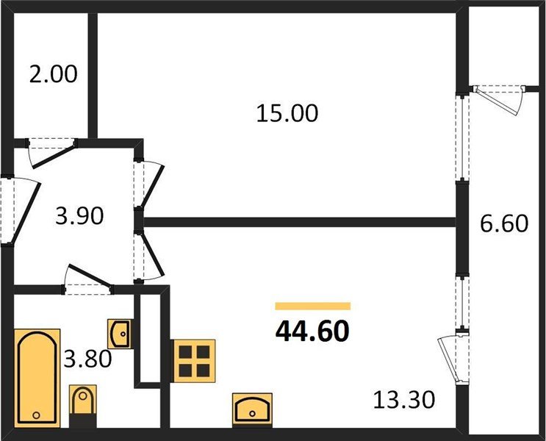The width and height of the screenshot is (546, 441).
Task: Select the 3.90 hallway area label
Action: click(x=79, y=216)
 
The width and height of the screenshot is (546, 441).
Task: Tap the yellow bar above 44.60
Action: click(x=312, y=306)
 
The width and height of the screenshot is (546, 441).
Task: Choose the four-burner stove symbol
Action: click(x=194, y=360)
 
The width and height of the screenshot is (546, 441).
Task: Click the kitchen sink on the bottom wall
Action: click(x=251, y=406)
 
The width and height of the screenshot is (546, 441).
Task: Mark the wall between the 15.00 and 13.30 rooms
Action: click(x=301, y=220)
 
